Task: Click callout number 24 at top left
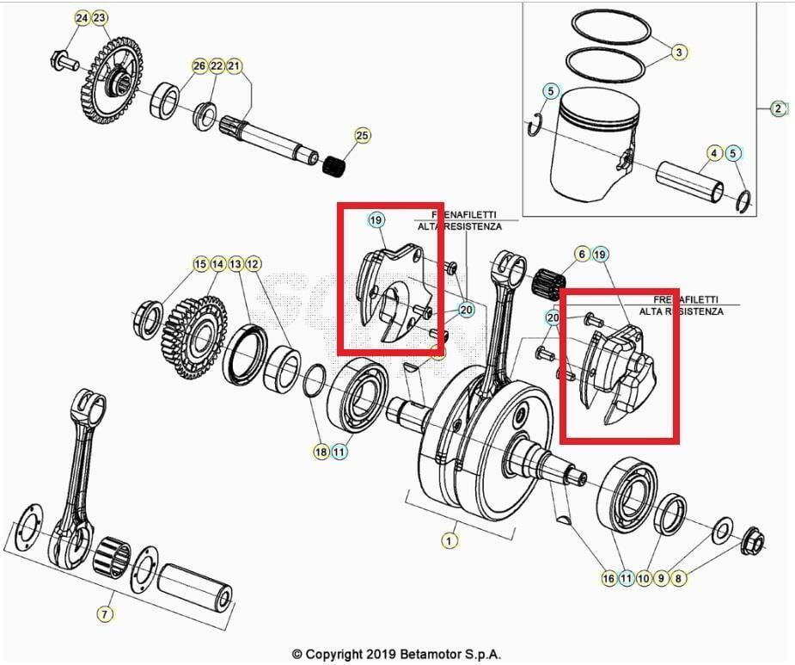pyautogui.click(x=82, y=18)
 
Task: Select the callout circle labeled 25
pyautogui.click(x=362, y=135)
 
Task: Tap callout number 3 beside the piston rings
pyautogui.click(x=678, y=52)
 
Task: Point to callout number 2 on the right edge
pyautogui.click(x=778, y=108)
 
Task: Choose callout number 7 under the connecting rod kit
pyautogui.click(x=104, y=613)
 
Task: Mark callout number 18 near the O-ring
pyautogui.click(x=321, y=451)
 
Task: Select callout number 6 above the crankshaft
pyautogui.click(x=582, y=254)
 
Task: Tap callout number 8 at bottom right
pyautogui.click(x=678, y=579)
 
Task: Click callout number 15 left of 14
pyautogui.click(x=200, y=264)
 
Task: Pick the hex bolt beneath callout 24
pyautogui.click(x=64, y=61)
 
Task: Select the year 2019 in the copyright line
pyautogui.click(x=370, y=654)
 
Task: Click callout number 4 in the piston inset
pyautogui.click(x=714, y=154)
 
